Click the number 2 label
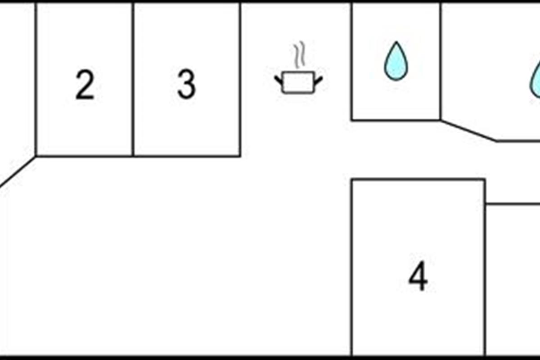pos(85,85)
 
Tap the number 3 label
pos(186,85)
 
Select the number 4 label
pos(418,277)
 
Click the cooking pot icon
pos(298,82)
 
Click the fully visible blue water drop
pos(396,61)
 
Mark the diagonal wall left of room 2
pos(18,171)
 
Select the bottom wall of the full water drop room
pos(396,120)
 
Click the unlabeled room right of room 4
pos(513,279)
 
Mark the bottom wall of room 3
pos(186,156)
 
